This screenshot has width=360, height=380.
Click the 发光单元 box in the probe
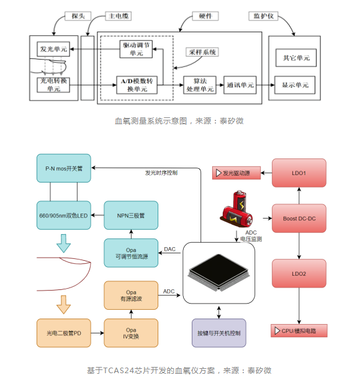(53, 49)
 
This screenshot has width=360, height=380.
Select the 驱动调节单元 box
(136, 49)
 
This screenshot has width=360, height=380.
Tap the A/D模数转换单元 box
(137, 85)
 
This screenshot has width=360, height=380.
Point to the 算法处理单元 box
(200, 85)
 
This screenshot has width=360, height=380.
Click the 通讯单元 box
(240, 85)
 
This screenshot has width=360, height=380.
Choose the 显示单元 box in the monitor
(295, 85)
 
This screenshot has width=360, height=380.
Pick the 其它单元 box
(296, 58)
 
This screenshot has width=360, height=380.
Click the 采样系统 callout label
(202, 52)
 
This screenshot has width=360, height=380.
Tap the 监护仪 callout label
(263, 16)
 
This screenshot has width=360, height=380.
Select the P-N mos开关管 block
(64, 168)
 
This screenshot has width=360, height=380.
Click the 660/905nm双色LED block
(64, 215)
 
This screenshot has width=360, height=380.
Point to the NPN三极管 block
(131, 215)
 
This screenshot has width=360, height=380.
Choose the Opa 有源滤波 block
(131, 295)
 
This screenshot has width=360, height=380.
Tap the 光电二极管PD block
(64, 333)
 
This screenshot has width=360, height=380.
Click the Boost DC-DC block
(299, 219)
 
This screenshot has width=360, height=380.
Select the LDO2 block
(299, 273)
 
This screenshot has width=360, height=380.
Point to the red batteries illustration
(237, 209)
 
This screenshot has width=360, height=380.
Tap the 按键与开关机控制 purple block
(219, 333)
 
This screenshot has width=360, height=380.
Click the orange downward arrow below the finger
(63, 305)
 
